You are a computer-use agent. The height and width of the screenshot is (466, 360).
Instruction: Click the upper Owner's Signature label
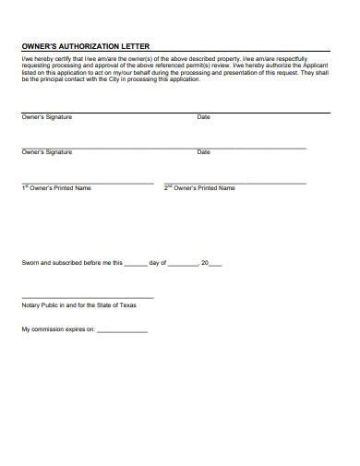point(46,117)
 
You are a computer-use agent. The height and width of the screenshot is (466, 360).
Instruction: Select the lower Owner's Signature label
point(46,151)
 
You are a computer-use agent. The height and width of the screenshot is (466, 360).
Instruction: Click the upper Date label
point(204,117)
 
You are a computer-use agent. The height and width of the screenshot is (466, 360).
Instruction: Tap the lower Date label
point(204,151)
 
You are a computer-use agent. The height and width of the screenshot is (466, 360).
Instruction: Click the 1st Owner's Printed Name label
point(56,188)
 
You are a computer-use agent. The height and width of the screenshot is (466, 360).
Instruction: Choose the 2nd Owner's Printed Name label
point(199,188)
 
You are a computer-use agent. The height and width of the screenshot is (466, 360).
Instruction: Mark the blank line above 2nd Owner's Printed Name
point(235,183)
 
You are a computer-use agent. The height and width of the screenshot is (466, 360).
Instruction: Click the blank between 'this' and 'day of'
point(135,264)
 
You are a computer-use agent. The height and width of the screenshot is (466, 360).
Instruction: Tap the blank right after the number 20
point(216,264)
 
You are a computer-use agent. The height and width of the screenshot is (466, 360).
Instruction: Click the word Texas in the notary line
point(124,305)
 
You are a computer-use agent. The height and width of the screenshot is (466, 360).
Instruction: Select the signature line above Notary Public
point(88,297)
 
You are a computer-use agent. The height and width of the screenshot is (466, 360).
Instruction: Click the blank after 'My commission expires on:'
point(123,330)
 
